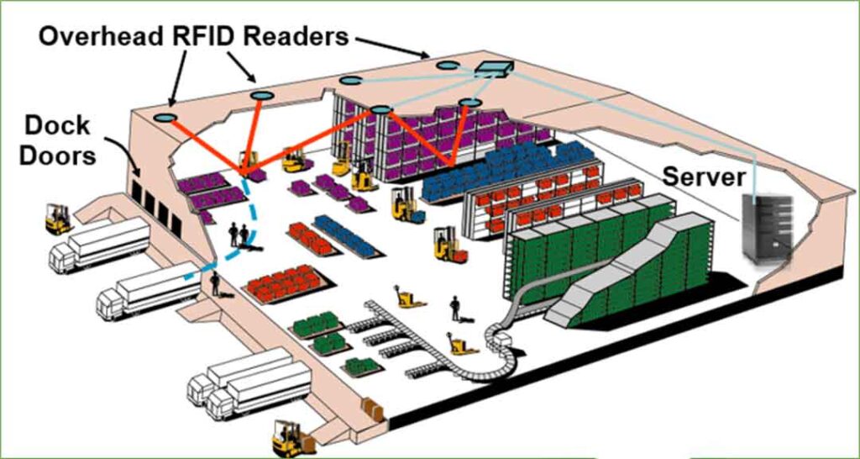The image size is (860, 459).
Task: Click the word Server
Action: point(703,177)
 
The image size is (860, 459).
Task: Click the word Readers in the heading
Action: point(307,36)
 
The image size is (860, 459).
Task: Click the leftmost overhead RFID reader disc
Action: point(165,119)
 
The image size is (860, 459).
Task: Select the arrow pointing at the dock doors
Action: point(118,151)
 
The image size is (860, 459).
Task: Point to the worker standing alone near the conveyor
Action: point(455,307)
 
